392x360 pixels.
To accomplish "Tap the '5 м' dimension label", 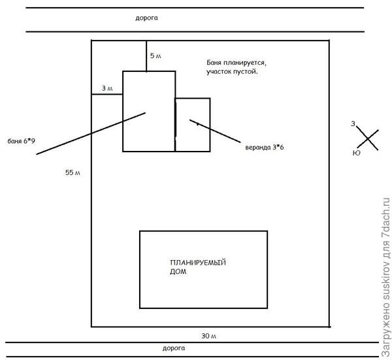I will click(x=155, y=56).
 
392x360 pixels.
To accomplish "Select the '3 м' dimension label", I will click(x=107, y=88).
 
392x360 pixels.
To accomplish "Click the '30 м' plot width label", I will click(x=208, y=335).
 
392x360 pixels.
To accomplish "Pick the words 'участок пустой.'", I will click(x=232, y=72).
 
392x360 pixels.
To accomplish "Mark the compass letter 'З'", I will click(x=353, y=123).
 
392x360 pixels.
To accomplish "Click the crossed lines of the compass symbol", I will click(x=368, y=139).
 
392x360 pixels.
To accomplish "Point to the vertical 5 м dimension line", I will click(x=146, y=55).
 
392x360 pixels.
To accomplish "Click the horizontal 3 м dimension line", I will click(x=107, y=95).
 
